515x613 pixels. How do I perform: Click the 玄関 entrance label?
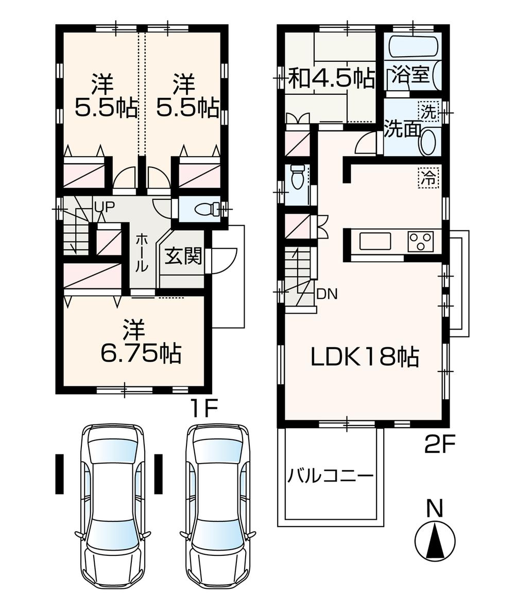click(183, 257)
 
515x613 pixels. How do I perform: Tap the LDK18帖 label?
click(364, 356)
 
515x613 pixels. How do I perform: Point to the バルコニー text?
click(330, 475)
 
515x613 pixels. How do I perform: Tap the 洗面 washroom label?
click(402, 129)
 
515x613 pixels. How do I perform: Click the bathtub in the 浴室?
click(413, 46)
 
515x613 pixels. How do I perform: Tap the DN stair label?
click(327, 294)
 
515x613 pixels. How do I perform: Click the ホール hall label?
click(142, 252)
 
